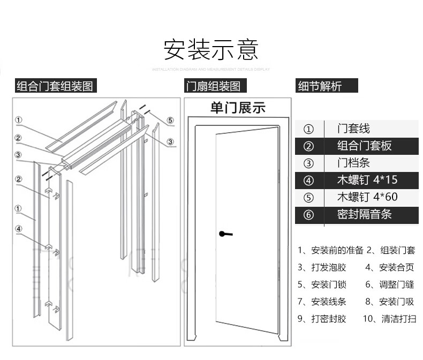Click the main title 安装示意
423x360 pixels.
[x=211, y=49]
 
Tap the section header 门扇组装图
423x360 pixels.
[x=213, y=86]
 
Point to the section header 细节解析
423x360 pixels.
[x=320, y=86]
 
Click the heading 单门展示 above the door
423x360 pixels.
[x=238, y=108]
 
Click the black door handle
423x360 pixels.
[x=225, y=234]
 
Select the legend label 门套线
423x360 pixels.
[x=353, y=129]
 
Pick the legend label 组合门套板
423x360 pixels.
[x=364, y=146]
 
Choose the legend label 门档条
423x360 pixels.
[x=353, y=163]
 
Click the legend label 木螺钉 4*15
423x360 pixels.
[x=367, y=180]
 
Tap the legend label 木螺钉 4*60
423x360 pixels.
[x=367, y=197]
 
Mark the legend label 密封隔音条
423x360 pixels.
[x=364, y=214]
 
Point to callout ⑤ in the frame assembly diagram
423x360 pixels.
[x=170, y=120]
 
